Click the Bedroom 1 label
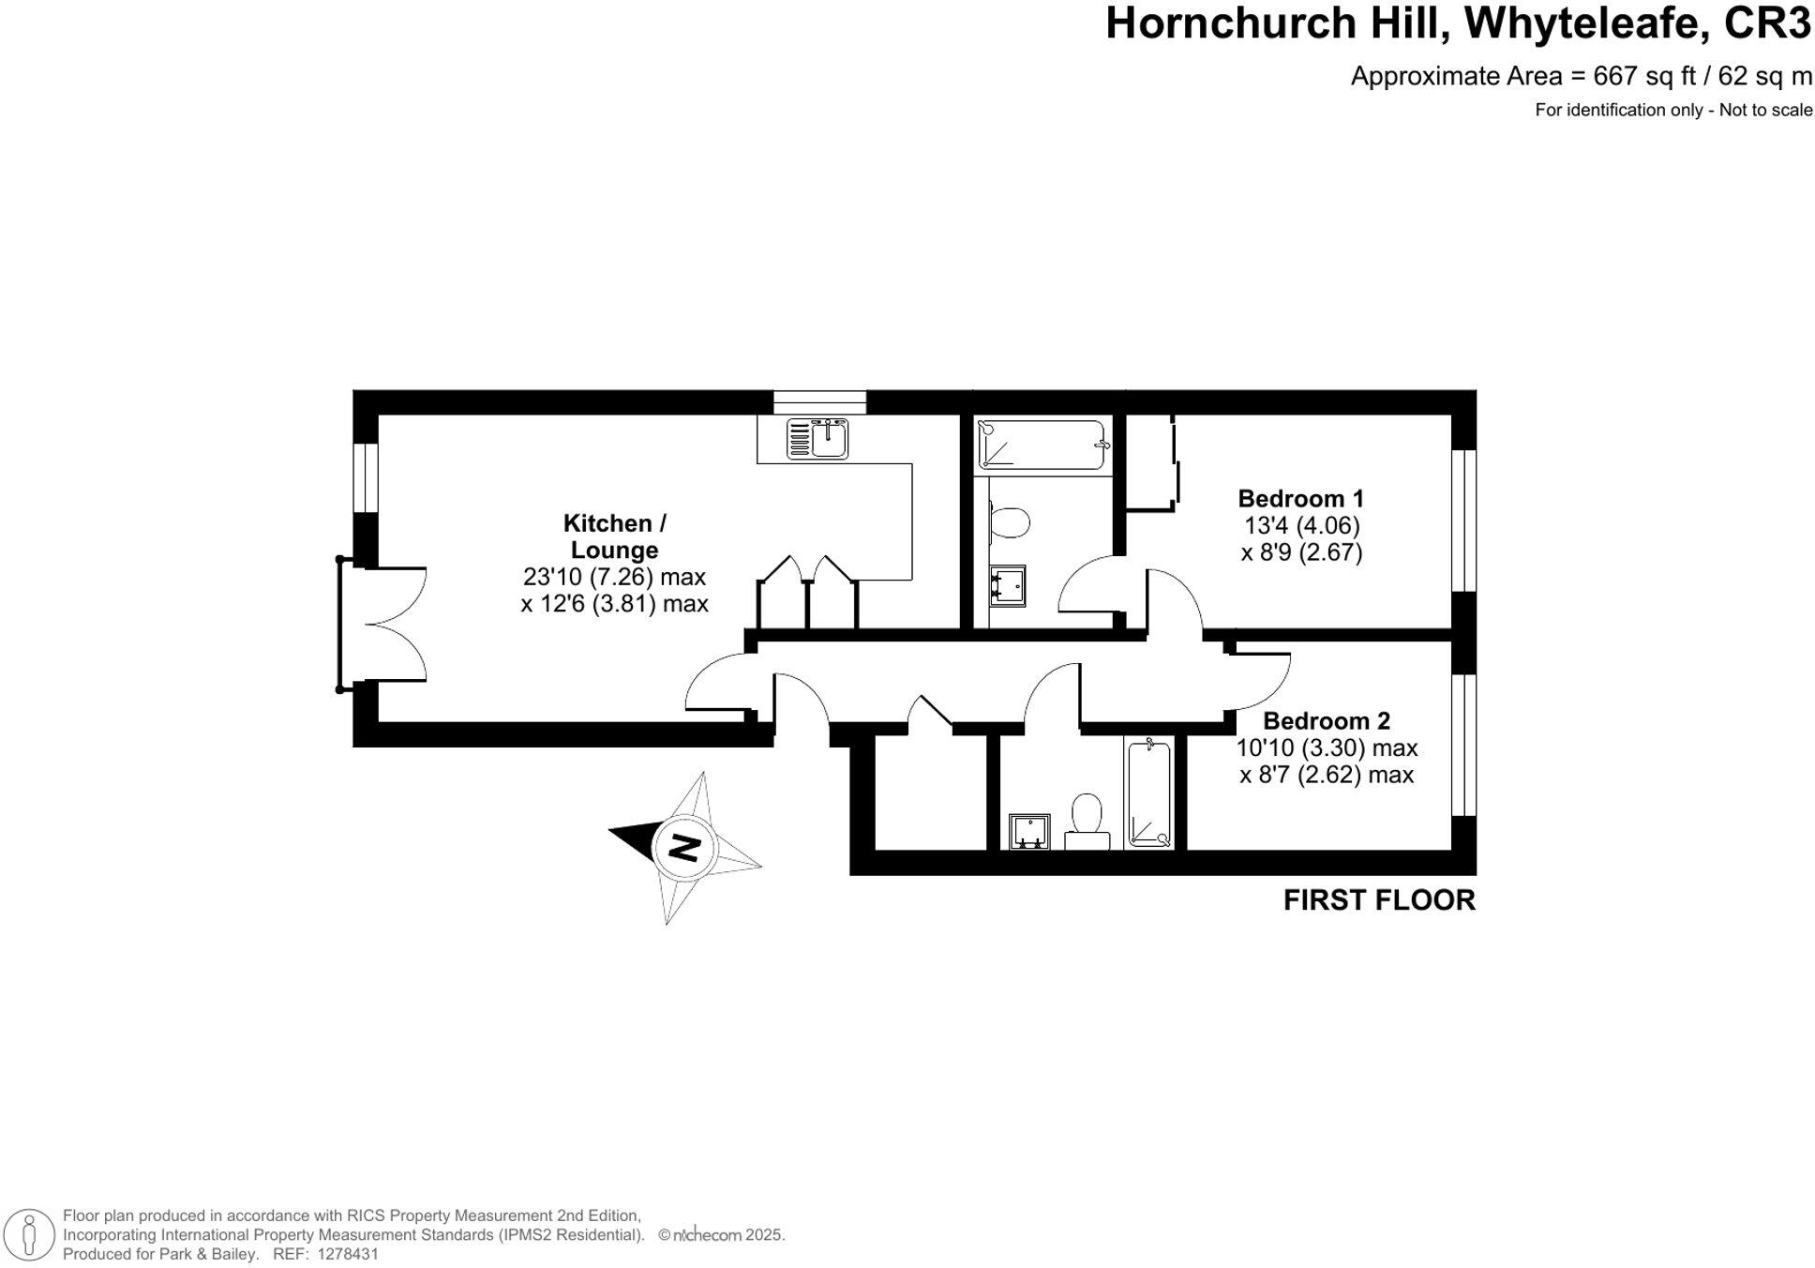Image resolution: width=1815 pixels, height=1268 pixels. point(1300,499)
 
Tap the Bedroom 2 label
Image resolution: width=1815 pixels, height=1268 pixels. point(1326,721)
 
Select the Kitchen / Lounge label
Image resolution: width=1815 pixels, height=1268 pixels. point(614,536)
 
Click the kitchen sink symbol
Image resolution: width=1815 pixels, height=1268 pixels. point(817,439)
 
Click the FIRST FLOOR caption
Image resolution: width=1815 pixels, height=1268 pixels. point(1378,900)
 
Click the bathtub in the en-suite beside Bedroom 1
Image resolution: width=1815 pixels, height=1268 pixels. point(1042,445)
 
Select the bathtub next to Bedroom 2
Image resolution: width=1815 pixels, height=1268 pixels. point(1148,793)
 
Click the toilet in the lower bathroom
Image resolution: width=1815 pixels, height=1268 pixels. point(1087,820)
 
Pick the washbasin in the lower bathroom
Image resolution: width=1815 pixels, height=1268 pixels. point(1029,832)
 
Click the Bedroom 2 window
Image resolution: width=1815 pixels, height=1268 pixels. point(1463,745)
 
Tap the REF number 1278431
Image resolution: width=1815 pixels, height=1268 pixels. point(348,1254)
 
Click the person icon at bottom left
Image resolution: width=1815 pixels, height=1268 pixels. point(30,1234)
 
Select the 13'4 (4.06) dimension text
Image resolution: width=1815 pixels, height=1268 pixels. point(1301,526)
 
